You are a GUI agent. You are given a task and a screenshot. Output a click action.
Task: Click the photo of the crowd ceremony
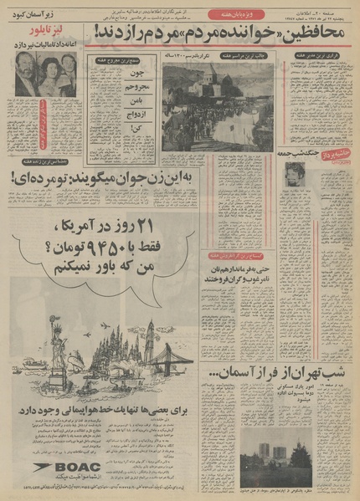[x=213, y=105]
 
